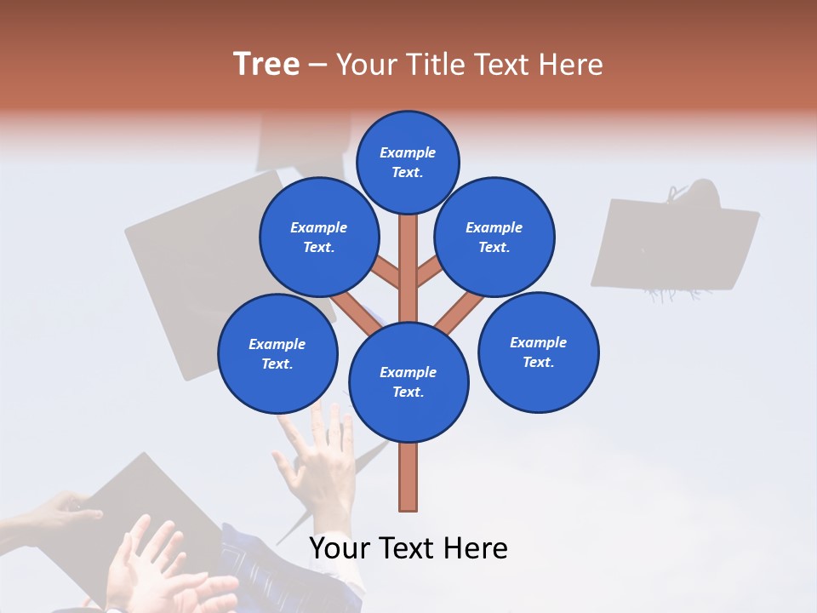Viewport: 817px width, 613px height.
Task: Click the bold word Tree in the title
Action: [266, 65]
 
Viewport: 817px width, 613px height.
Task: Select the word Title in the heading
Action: [436, 65]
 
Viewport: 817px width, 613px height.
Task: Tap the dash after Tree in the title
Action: [317, 66]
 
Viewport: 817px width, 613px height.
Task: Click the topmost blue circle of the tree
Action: [408, 162]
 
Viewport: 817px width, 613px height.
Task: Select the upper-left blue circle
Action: [318, 237]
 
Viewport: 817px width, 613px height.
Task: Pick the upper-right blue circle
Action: [494, 237]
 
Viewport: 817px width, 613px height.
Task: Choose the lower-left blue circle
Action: [277, 353]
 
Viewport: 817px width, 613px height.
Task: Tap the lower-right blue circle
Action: [538, 352]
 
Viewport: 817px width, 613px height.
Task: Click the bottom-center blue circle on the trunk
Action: [408, 381]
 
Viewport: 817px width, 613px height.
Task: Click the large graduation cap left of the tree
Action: [196, 255]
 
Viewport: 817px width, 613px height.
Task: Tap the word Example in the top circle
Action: [408, 152]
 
